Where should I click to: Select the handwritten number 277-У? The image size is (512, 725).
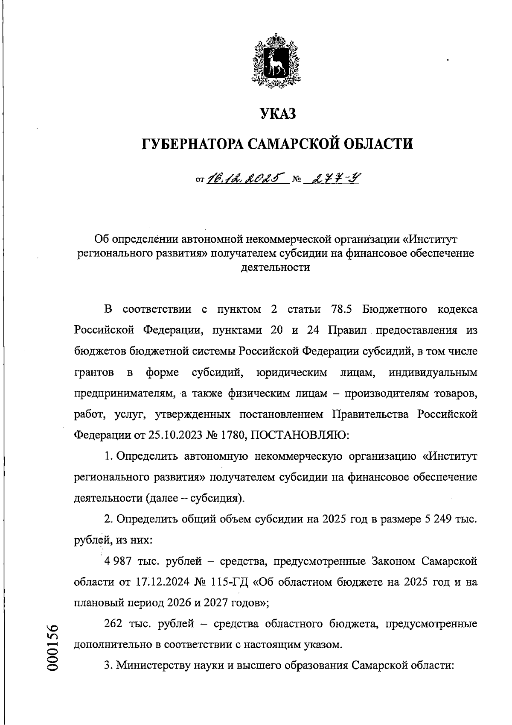pos(335,177)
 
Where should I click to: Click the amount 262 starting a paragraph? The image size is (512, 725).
pos(113,624)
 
